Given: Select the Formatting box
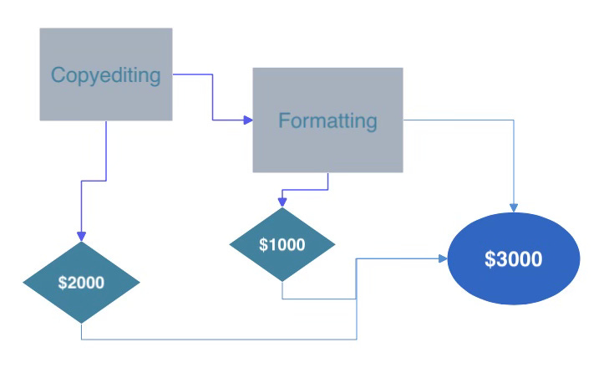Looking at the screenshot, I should (x=327, y=146).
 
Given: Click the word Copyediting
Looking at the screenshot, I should (x=105, y=75).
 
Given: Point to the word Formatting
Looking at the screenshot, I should (x=327, y=121).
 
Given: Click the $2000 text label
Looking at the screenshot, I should (x=81, y=283).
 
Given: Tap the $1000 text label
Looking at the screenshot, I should (x=282, y=245).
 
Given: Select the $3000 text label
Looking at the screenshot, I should (x=514, y=259).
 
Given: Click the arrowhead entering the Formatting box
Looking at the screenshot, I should (x=248, y=120).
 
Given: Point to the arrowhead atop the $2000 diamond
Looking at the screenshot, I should (x=81, y=237).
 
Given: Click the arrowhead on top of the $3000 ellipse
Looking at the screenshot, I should (x=514, y=207).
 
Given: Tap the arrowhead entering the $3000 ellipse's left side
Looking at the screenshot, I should (x=444, y=259).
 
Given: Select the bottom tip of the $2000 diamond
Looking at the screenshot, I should (x=81, y=322).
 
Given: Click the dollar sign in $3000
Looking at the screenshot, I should (x=490, y=259).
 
